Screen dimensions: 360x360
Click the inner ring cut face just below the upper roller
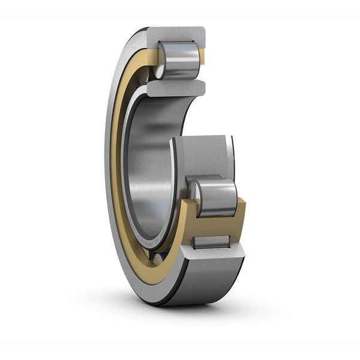pyautogui.click(x=174, y=87)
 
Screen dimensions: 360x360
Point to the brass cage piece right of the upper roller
pyautogui.click(x=202, y=57)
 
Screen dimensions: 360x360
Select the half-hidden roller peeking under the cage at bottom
pyautogui.click(x=157, y=259)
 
